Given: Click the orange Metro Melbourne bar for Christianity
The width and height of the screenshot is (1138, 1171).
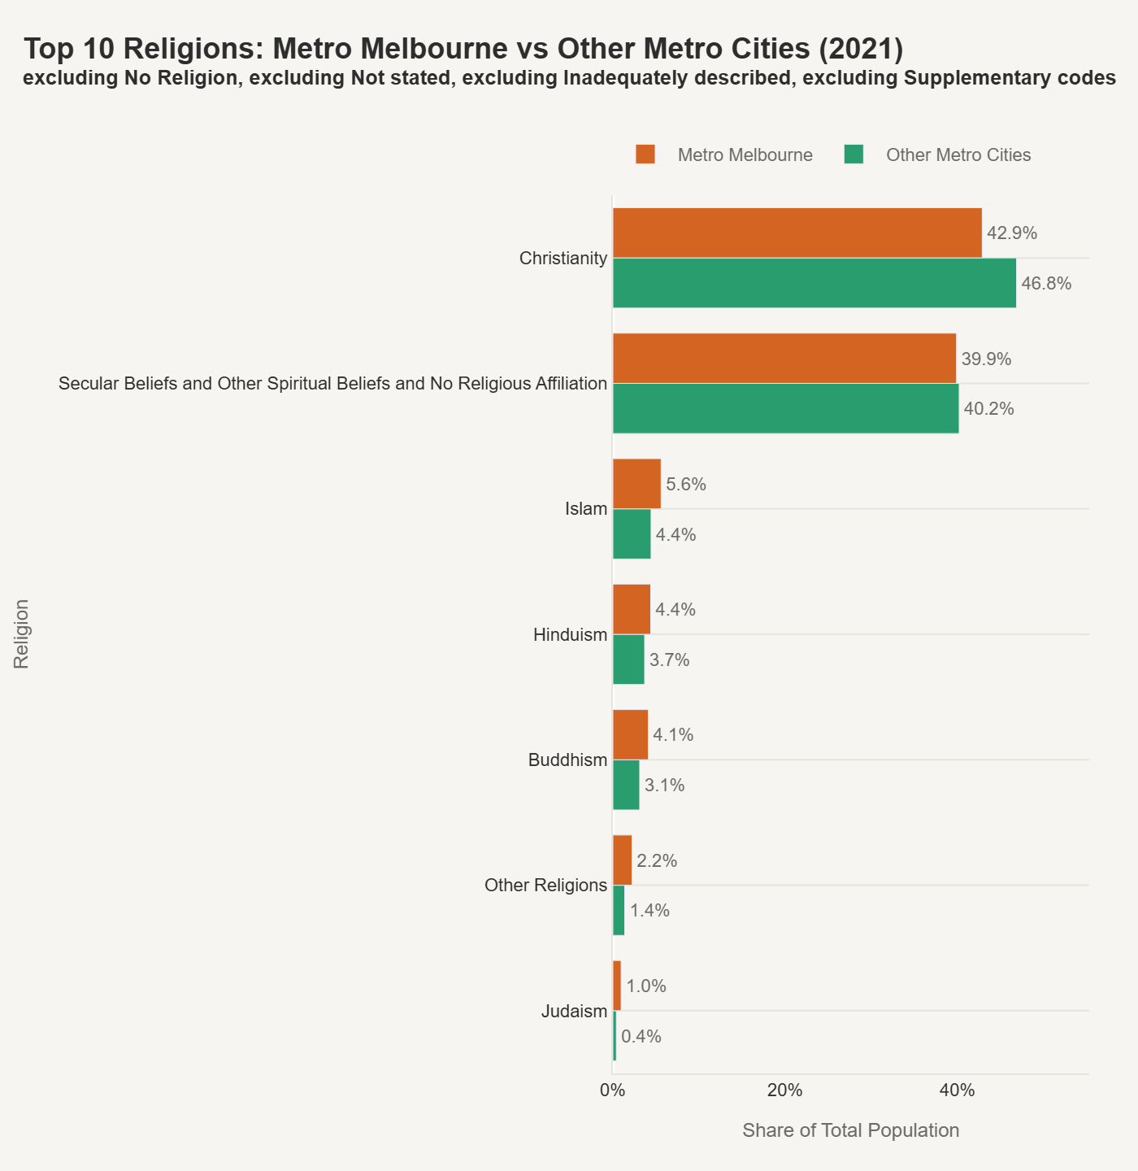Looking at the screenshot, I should tap(797, 233).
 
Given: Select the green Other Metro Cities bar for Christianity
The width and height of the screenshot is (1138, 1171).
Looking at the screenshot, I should tap(814, 283).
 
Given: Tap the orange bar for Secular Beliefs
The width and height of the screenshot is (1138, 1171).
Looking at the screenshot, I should tap(784, 358).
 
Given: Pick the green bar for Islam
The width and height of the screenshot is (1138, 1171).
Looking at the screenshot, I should tap(632, 534).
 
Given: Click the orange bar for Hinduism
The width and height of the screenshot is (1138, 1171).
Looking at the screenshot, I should tap(632, 609).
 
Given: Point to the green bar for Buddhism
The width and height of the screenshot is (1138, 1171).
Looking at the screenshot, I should tap(626, 785).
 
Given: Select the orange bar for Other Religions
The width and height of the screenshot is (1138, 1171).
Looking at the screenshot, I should tap(622, 860).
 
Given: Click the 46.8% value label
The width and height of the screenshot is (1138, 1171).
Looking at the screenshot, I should tap(1046, 284).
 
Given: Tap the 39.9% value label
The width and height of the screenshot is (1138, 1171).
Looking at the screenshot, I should tap(986, 359).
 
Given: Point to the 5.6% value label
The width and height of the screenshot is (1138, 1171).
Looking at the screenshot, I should tap(685, 485).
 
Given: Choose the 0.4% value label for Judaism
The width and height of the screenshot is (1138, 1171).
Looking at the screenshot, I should tap(641, 1037).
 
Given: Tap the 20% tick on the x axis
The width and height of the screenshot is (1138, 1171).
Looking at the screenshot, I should tap(785, 1091).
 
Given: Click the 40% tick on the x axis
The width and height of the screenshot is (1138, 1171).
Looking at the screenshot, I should tap(958, 1091).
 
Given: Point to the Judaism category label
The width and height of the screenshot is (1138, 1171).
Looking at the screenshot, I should tap(574, 1012).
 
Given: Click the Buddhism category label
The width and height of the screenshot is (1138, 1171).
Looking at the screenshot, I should tap(567, 760).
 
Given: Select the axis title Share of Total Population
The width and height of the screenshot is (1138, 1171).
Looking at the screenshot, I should tap(850, 1130).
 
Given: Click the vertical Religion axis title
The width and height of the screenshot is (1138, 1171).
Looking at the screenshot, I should tap(22, 634).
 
